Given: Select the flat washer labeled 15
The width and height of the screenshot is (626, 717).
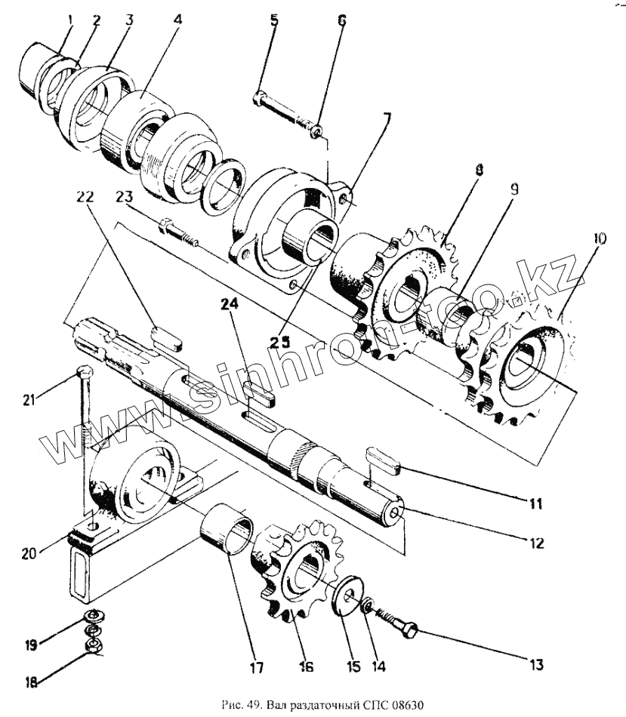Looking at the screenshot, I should pyautogui.click(x=350, y=595).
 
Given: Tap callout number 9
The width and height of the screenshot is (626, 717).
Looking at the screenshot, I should pyautogui.click(x=513, y=191).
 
